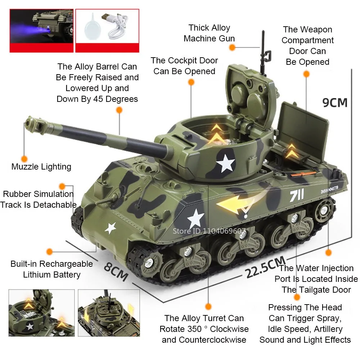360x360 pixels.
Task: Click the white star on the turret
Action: click(226, 163)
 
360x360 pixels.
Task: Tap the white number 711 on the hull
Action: click(297, 195)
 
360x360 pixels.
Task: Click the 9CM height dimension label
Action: click(335, 102)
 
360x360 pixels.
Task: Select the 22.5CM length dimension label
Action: click(266, 266)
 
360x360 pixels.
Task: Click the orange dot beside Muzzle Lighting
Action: click(24, 158)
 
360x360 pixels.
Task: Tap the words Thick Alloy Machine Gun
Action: click(209, 33)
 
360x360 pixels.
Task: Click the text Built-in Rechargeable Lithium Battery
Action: click(51, 269)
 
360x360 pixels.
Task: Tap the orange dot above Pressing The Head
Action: click(297, 297)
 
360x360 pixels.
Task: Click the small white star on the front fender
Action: click(111, 228)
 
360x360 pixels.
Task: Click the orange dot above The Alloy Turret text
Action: click(208, 306)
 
